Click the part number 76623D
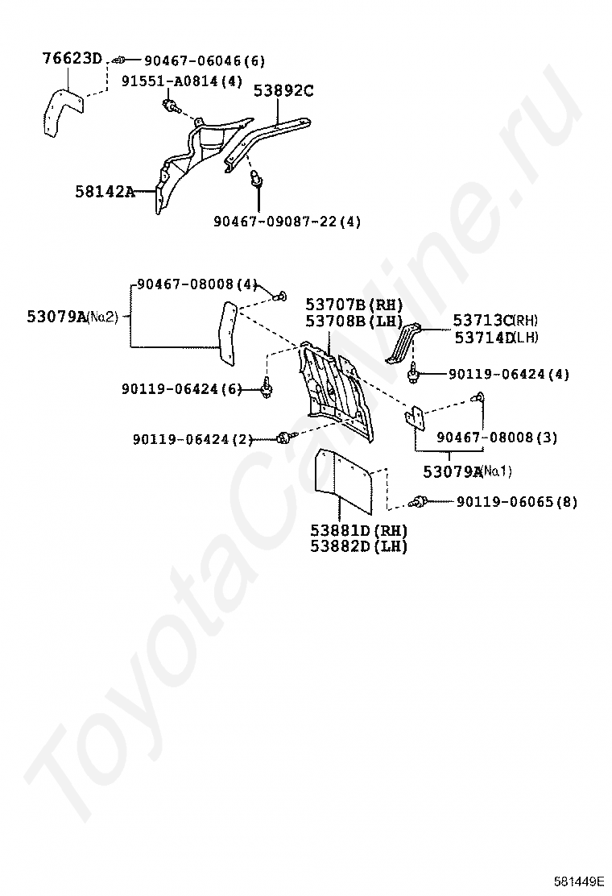72,58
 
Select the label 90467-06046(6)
205,60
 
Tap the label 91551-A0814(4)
181,81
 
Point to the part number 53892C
283,90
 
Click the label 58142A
105,192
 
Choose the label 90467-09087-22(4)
287,221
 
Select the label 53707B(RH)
354,305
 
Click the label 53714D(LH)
495,338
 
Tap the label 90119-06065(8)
516,502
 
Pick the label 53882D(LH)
359,546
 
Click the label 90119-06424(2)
192,439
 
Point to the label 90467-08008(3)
497,438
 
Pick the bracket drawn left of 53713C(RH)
405,343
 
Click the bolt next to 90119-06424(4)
416,373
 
